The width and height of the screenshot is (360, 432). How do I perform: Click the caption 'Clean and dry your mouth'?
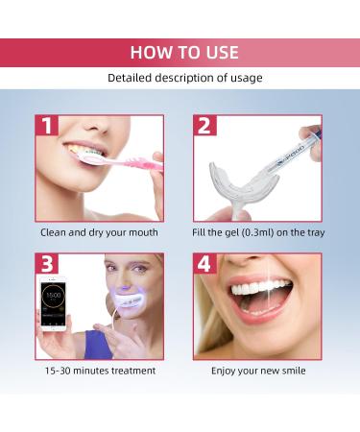pos(99,232)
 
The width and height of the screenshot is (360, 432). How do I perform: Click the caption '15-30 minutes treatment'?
pos(99,370)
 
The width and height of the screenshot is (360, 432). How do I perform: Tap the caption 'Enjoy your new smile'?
pos(256,370)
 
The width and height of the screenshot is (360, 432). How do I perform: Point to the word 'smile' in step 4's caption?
pos(291,370)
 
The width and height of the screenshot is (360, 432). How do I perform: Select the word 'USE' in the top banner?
pos(219,52)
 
